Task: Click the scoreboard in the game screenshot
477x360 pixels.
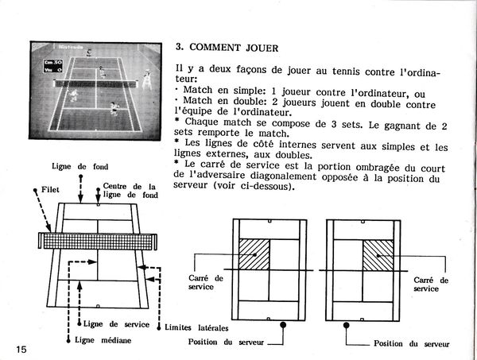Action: [55, 65]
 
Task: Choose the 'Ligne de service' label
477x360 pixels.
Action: [111, 324]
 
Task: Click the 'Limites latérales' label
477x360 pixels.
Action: [194, 327]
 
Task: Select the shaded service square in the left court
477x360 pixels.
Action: [254, 254]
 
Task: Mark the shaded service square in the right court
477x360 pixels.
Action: [378, 254]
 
